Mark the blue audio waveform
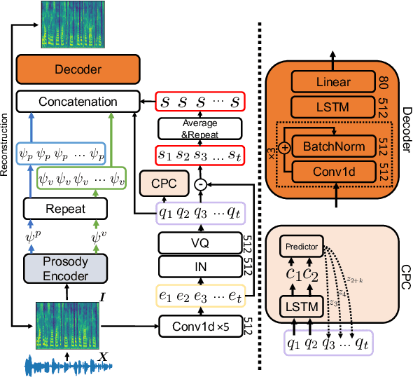coord(59,365)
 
